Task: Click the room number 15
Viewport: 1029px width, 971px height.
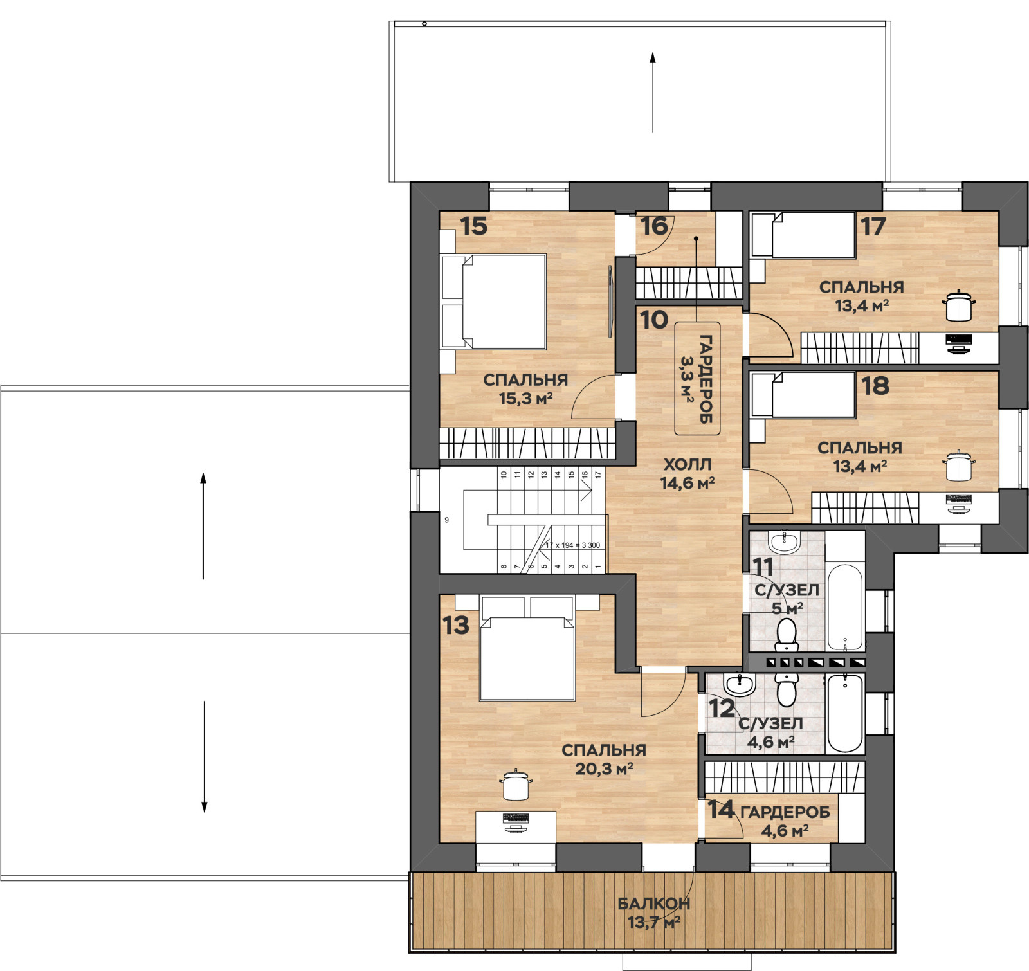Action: click(474, 226)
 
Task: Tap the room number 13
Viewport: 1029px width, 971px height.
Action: click(456, 626)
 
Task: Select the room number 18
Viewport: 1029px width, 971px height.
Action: click(875, 386)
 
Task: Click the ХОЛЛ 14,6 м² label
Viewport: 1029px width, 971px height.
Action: click(688, 474)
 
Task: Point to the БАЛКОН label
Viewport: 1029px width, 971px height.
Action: click(654, 903)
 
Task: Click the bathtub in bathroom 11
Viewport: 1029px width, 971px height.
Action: click(845, 608)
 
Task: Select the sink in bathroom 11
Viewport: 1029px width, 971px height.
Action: click(784, 543)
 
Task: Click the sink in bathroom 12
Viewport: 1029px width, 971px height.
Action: click(740, 685)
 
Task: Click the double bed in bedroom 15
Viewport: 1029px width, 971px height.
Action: click(494, 302)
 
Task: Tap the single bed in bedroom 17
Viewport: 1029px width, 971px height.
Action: click(803, 235)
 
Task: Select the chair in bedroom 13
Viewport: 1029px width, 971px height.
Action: click(516, 785)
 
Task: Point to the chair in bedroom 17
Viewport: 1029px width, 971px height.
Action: click(959, 305)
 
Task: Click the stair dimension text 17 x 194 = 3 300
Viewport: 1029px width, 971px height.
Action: click(572, 545)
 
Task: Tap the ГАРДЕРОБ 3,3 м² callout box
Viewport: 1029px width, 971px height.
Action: click(697, 378)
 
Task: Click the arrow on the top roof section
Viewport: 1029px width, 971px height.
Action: click(653, 93)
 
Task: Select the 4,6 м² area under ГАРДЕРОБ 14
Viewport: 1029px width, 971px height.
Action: click(785, 831)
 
